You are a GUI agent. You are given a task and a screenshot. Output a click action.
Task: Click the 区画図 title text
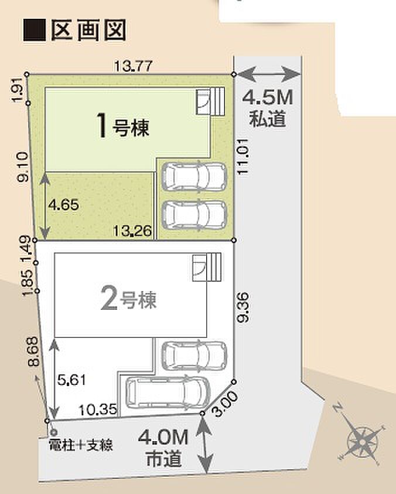(x=88, y=30)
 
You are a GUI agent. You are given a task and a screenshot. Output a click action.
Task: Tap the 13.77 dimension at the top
(x=133, y=66)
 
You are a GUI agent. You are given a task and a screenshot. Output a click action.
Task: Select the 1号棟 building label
(x=122, y=126)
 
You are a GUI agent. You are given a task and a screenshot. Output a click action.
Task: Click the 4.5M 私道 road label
(x=268, y=108)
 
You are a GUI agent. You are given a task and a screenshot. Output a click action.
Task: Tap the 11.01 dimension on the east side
(x=244, y=157)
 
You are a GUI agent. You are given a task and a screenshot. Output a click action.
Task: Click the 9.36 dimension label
(x=244, y=307)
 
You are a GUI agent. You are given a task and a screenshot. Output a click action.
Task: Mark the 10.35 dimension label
(x=98, y=410)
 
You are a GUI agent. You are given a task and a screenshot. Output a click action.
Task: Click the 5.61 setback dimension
(x=71, y=380)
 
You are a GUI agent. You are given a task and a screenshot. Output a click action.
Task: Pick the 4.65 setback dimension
(x=63, y=205)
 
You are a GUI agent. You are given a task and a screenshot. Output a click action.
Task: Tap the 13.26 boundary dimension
(x=132, y=231)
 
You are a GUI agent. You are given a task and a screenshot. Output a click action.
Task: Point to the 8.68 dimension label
(x=33, y=351)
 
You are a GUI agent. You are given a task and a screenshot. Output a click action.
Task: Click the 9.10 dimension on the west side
(x=23, y=167)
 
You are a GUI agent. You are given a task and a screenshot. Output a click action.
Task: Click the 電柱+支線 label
(x=80, y=445)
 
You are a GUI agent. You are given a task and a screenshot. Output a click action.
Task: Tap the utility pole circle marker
(x=54, y=432)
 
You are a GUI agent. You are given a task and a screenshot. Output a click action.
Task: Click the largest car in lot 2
(x=168, y=393)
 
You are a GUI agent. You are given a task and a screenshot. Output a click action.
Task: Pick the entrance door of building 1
(x=203, y=101)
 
